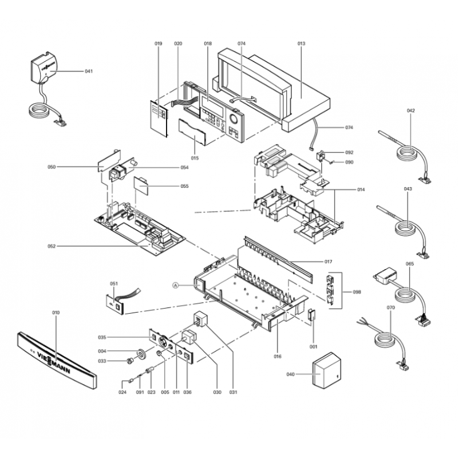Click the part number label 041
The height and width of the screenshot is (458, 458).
coord(88,71)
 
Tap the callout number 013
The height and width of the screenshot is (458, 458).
coord(301,44)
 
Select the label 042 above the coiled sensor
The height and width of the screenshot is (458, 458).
coord(410,110)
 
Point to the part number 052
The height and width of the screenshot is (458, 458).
coord(52,247)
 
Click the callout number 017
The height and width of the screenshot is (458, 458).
coord(328,262)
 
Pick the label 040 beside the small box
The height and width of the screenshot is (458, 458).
coord(290,374)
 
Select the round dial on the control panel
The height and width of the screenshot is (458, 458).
coord(235,120)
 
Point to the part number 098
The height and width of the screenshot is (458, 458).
coord(357,292)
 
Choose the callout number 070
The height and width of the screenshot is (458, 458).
coord(391,307)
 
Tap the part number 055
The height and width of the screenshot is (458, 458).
coord(184,186)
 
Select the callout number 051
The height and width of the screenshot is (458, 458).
coord(113,283)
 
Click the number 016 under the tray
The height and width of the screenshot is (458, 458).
coord(277,356)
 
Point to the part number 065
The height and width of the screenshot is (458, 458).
coord(409,264)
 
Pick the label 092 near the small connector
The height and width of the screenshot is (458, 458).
coord(349,153)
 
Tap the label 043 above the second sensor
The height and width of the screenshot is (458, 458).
coord(408,189)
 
